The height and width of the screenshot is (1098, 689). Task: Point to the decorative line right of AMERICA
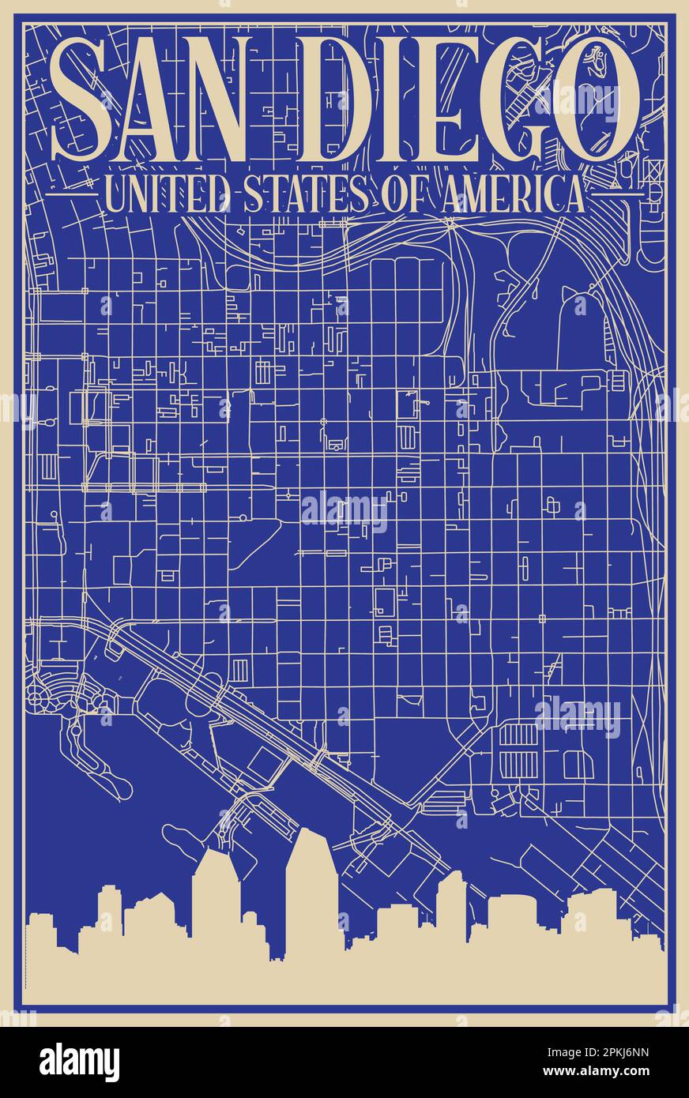click(616, 192)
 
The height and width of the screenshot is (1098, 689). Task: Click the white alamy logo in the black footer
click(79, 1062)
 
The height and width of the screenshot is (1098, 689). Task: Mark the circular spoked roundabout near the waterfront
click(37, 696)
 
